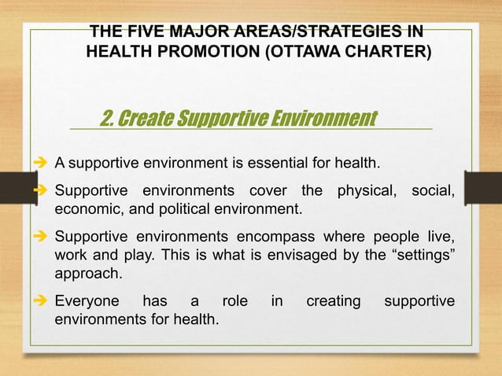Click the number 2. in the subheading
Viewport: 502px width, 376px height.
coord(109,118)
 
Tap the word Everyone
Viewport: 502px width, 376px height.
coord(87,302)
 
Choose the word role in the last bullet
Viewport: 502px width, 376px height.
coord(234,302)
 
